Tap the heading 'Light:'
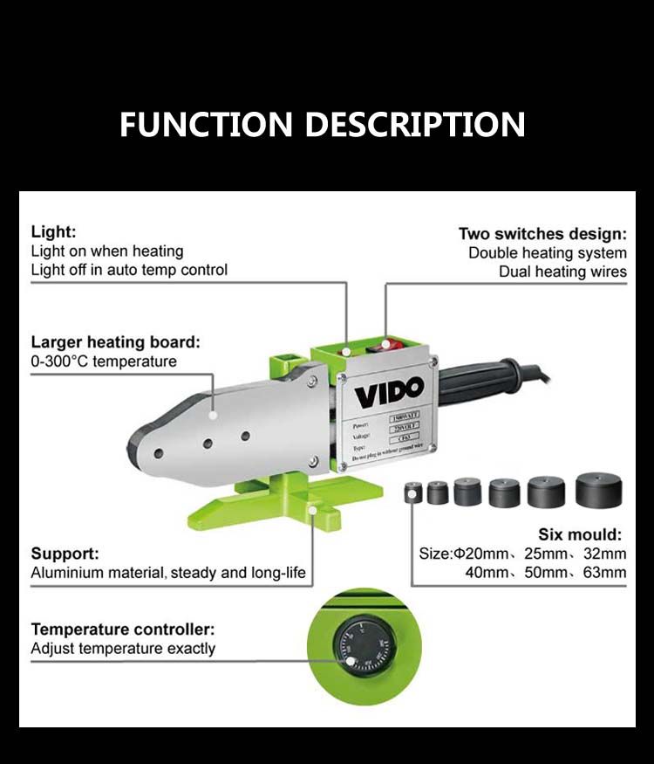click(x=53, y=232)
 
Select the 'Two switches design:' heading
click(x=542, y=234)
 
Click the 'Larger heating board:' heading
click(x=115, y=341)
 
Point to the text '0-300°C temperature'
click(x=104, y=361)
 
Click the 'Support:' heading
click(x=65, y=554)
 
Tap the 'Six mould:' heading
click(x=580, y=534)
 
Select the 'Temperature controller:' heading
click(x=122, y=630)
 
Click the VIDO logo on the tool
click(x=388, y=389)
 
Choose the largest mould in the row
click(x=598, y=490)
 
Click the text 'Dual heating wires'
click(x=562, y=272)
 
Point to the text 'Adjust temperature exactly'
click(x=123, y=649)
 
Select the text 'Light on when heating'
click(x=106, y=251)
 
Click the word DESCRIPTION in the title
click(x=416, y=124)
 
